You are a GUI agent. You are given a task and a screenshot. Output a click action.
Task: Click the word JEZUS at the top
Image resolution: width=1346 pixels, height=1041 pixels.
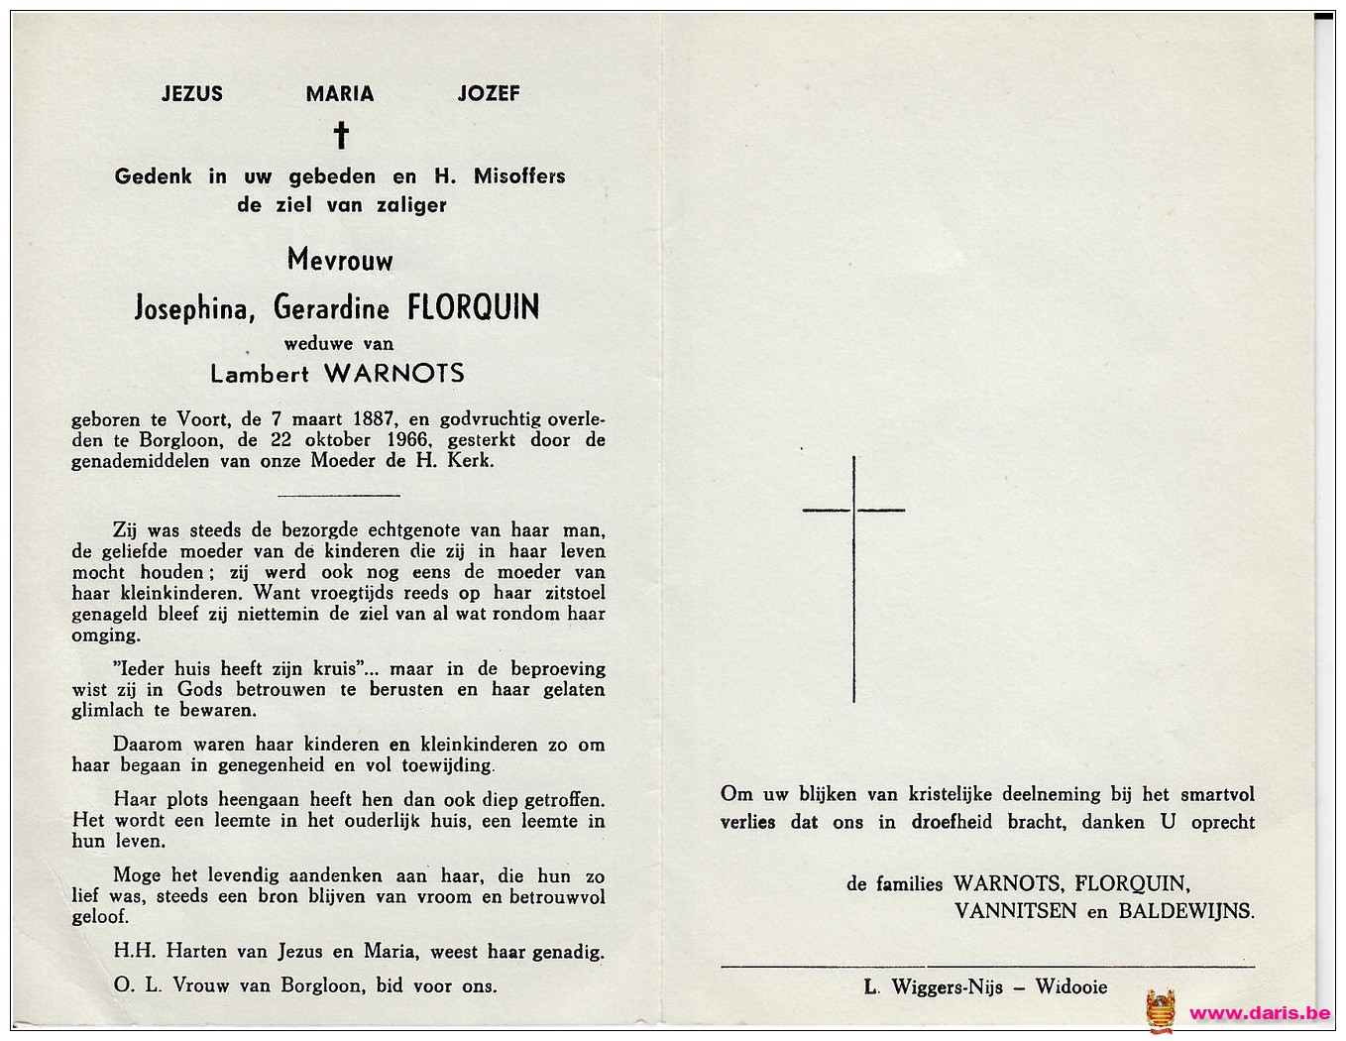pyautogui.click(x=192, y=94)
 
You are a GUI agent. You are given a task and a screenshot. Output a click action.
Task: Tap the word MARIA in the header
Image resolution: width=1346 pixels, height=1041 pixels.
pyautogui.click(x=340, y=94)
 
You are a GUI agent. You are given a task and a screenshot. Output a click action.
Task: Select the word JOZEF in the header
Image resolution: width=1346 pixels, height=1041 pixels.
pyautogui.click(x=489, y=93)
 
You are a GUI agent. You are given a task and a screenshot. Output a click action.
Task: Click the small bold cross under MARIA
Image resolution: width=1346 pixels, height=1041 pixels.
pyautogui.click(x=341, y=135)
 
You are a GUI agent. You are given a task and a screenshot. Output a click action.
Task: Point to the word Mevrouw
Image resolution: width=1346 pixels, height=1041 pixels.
pyautogui.click(x=340, y=261)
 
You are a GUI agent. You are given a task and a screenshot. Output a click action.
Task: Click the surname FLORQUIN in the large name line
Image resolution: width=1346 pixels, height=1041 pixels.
pyautogui.click(x=474, y=307)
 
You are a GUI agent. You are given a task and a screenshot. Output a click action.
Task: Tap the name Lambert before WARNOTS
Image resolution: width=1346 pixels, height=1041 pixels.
pyautogui.click(x=260, y=374)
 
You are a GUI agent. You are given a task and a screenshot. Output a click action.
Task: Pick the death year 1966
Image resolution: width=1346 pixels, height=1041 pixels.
pyautogui.click(x=405, y=440)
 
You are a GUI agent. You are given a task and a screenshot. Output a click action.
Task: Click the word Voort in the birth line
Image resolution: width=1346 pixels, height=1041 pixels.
pyautogui.click(x=202, y=419)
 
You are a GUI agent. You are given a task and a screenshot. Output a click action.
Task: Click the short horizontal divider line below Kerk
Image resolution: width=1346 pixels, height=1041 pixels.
pyautogui.click(x=339, y=495)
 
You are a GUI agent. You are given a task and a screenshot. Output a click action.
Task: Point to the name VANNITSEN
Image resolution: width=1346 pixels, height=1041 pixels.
pyautogui.click(x=1016, y=911)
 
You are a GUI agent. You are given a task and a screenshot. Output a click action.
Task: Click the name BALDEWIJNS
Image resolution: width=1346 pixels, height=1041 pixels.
pyautogui.click(x=1185, y=911)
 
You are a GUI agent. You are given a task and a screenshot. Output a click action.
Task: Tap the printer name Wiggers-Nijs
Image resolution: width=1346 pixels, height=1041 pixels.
pyautogui.click(x=947, y=986)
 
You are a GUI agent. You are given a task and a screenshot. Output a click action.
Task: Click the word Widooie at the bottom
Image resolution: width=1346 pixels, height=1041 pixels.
pyautogui.click(x=1071, y=986)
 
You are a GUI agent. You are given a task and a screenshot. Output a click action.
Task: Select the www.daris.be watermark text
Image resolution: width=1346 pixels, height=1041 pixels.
pyautogui.click(x=1260, y=1013)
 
